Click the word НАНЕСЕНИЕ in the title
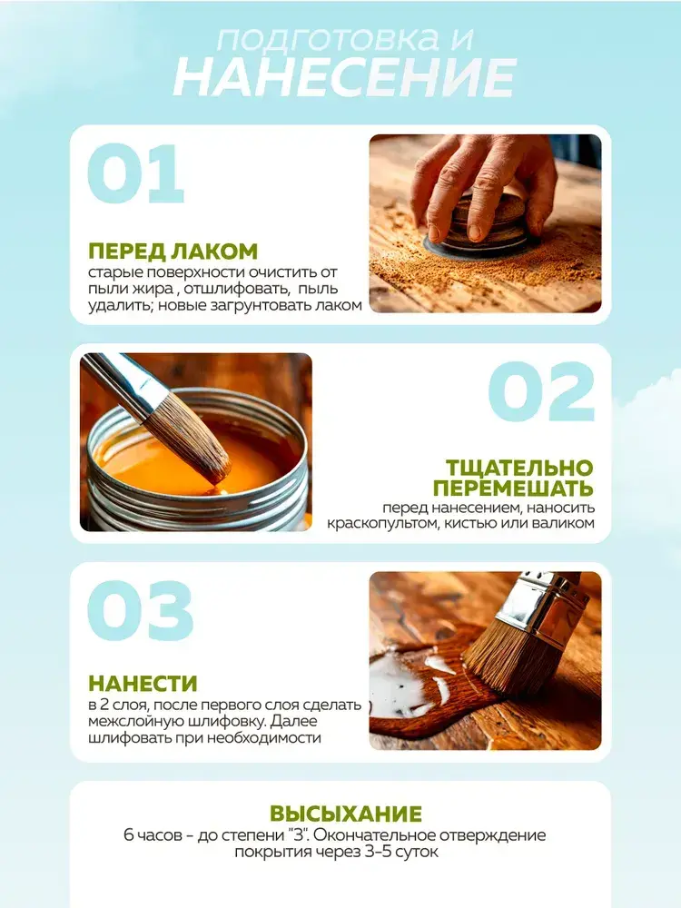coord(344,77)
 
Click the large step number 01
coord(136,173)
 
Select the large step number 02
coord(541,392)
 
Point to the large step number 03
coord(140,611)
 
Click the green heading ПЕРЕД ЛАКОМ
coord(173,252)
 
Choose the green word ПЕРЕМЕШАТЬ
coord(514,488)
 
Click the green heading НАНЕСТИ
coord(143,684)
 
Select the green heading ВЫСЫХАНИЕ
coord(346,814)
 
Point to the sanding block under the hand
coord(478,229)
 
